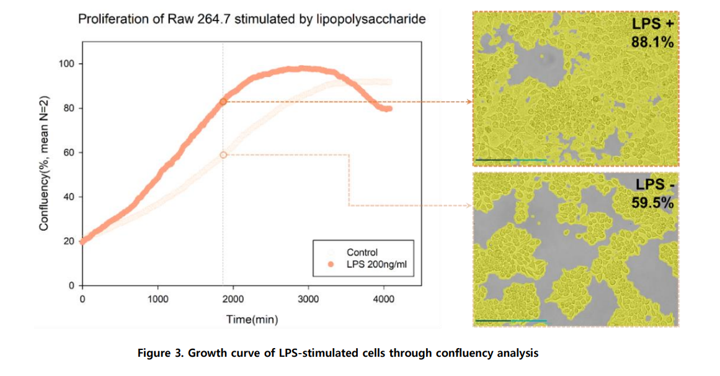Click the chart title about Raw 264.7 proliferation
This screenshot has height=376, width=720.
click(x=252, y=19)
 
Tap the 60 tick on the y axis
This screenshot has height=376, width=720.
click(x=69, y=153)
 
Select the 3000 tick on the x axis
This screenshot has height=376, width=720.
click(x=308, y=299)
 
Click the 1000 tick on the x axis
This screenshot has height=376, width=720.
click(x=158, y=299)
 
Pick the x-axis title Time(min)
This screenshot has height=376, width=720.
click(x=252, y=320)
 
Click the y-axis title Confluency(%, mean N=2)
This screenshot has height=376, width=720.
click(x=44, y=164)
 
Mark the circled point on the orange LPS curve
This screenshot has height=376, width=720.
click(x=223, y=102)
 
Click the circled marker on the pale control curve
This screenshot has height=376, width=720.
click(x=223, y=155)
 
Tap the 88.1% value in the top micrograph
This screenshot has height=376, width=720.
click(x=652, y=42)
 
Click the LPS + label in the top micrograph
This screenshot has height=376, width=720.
click(x=652, y=24)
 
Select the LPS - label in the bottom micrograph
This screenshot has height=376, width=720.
click(x=653, y=184)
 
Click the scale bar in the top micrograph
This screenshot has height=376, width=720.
click(x=510, y=160)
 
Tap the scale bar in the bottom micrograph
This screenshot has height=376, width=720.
click(x=510, y=321)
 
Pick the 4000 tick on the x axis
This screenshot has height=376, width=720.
click(x=384, y=299)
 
